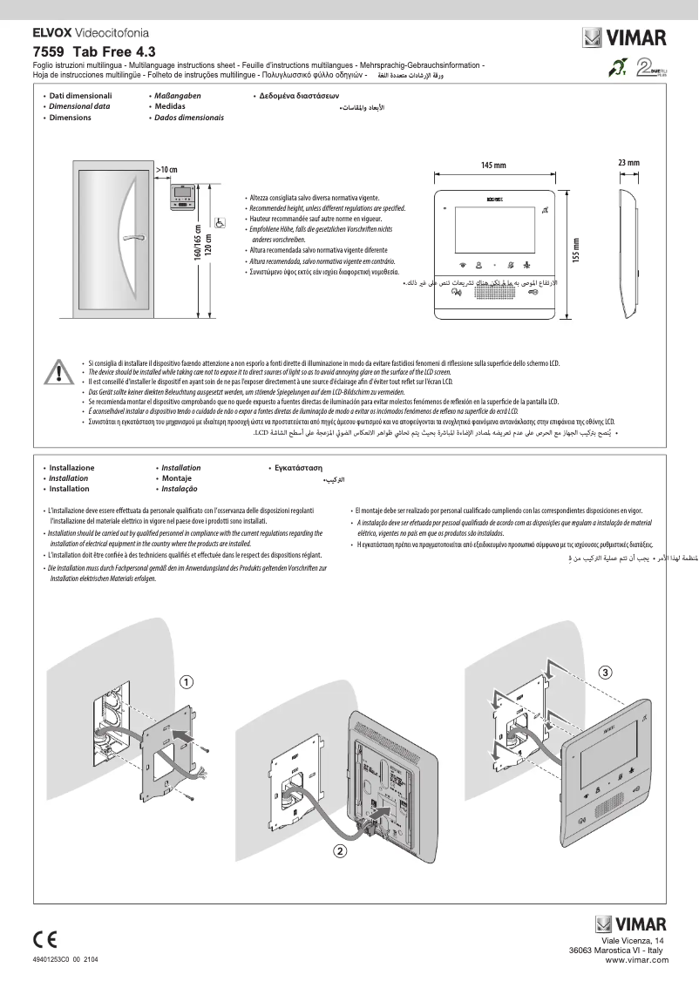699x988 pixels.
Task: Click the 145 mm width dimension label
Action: [493, 165]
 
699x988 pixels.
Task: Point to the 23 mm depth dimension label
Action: [628, 163]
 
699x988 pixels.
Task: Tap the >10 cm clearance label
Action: [166, 168]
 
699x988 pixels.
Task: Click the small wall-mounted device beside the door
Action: [185, 198]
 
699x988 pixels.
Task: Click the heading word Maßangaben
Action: [178, 95]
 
